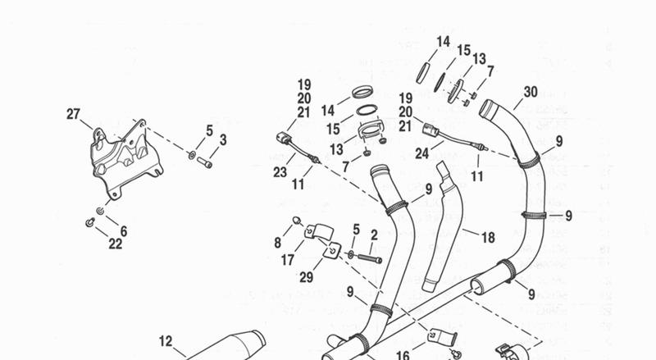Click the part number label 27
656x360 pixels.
pyautogui.click(x=74, y=114)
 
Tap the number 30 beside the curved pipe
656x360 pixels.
pyautogui.click(x=530, y=93)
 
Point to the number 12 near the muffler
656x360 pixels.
pyautogui.click(x=166, y=340)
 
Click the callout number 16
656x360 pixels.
pyautogui.click(x=403, y=356)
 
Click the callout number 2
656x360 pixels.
pyautogui.click(x=373, y=235)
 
